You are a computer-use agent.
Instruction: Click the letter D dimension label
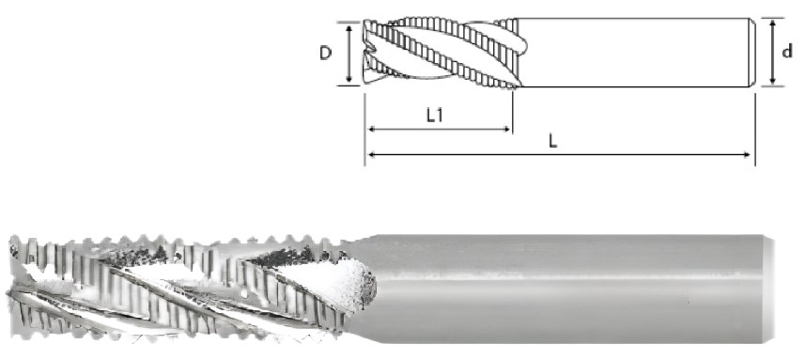click(x=325, y=53)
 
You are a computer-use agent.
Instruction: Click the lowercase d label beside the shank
click(x=787, y=52)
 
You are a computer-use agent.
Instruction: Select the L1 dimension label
click(x=435, y=116)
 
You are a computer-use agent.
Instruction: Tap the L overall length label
click(x=553, y=142)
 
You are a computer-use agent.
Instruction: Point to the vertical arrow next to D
click(x=349, y=54)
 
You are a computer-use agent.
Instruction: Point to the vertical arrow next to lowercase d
click(x=772, y=52)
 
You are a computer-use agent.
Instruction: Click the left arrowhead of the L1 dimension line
click(x=372, y=130)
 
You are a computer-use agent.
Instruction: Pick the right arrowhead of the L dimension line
click(x=748, y=154)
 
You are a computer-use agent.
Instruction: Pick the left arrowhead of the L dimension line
click(x=372, y=154)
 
